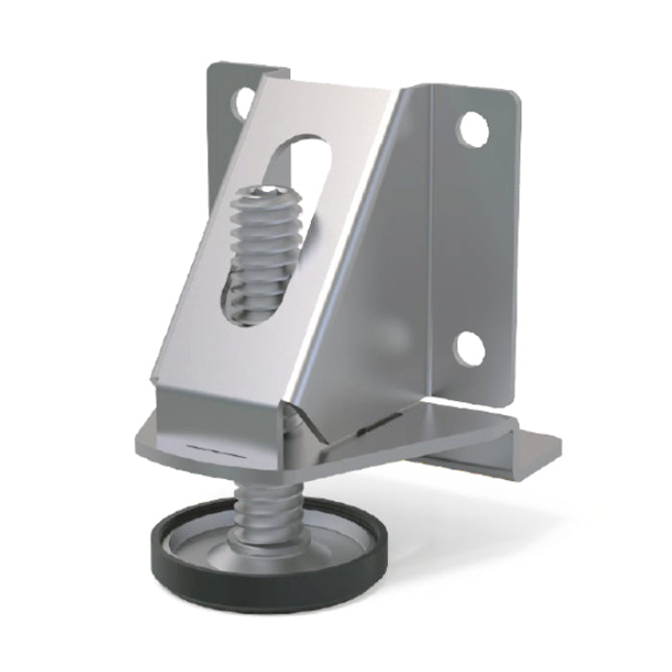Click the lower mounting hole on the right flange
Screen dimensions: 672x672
coord(470,348)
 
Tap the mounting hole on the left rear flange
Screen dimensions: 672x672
coord(237,104)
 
